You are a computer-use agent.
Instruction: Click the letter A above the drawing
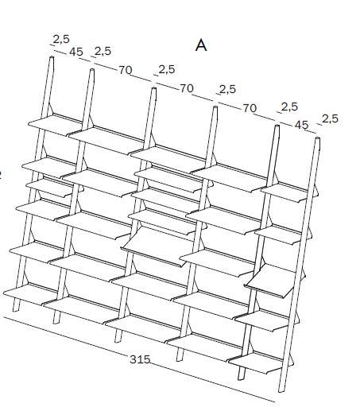click(x=201, y=45)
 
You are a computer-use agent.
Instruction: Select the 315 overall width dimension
click(x=140, y=359)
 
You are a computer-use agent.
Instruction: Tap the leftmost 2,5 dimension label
click(x=61, y=39)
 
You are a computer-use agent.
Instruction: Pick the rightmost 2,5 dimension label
click(x=330, y=118)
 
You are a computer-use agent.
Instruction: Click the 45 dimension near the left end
click(x=76, y=52)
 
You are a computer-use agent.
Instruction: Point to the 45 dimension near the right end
click(x=302, y=125)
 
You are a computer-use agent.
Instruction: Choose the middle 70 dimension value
click(x=187, y=88)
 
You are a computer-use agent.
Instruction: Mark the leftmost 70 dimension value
click(x=125, y=70)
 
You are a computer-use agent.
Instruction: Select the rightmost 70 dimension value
click(x=250, y=108)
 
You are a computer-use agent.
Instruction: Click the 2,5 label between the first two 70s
click(x=167, y=69)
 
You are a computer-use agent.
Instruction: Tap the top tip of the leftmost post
click(x=52, y=56)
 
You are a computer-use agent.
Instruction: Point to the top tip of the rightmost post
click(x=317, y=138)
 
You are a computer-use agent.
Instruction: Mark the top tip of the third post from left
click(x=153, y=88)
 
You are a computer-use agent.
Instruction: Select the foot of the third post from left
click(x=118, y=339)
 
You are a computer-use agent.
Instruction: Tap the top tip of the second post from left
click(x=92, y=70)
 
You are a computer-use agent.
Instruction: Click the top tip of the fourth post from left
click(x=215, y=107)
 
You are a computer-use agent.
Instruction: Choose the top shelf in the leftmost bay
click(x=54, y=125)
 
